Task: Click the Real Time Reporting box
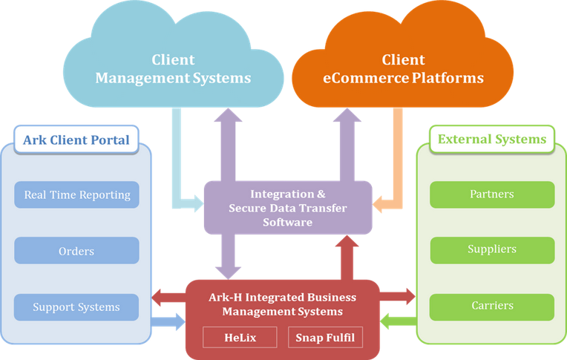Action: [77, 195]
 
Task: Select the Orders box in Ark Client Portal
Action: [77, 251]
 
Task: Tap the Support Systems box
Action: [77, 307]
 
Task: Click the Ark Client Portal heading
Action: [76, 140]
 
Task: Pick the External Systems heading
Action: [492, 139]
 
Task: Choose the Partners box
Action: [492, 194]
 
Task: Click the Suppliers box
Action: [492, 250]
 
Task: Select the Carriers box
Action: [492, 306]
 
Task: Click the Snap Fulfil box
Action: [326, 338]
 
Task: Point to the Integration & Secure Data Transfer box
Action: [287, 208]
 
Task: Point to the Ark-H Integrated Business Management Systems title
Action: [282, 304]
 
